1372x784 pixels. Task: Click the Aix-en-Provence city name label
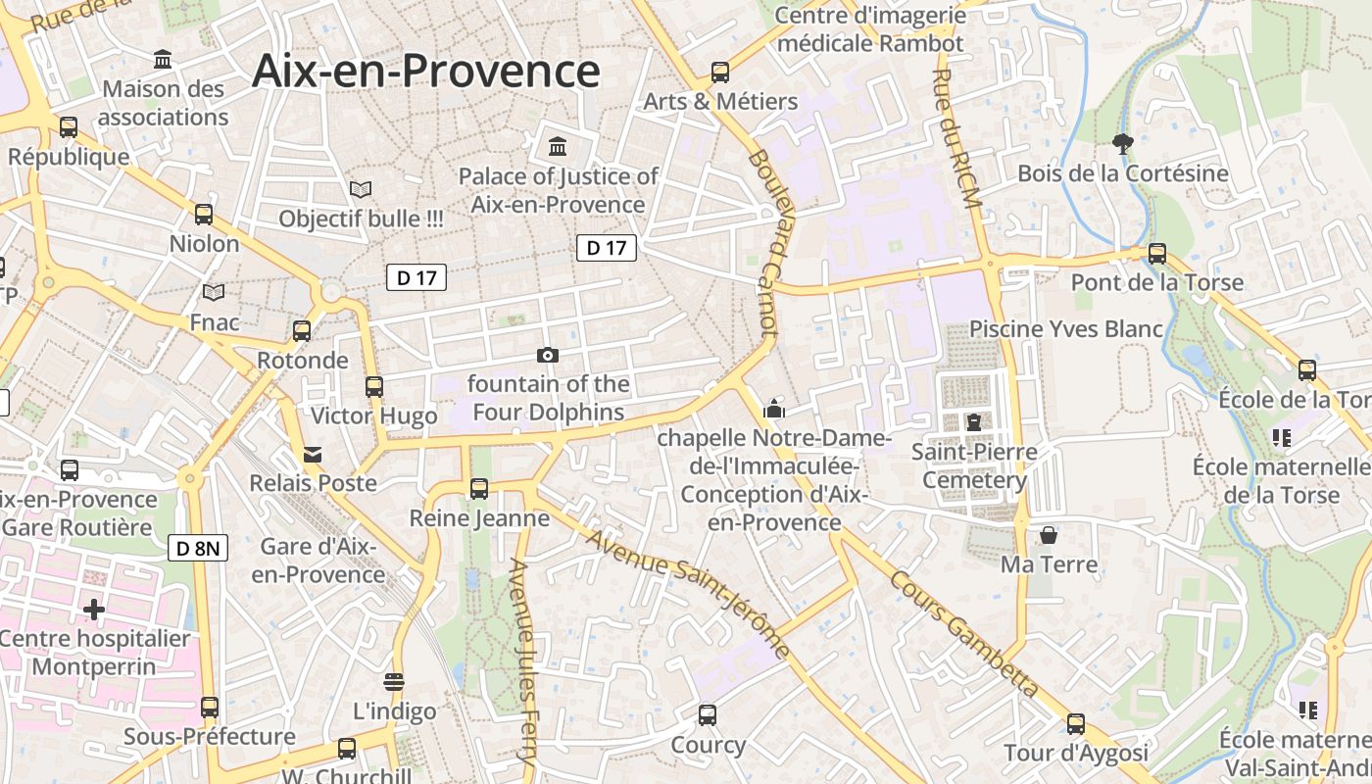click(x=425, y=72)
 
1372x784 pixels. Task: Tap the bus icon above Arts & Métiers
click(x=720, y=72)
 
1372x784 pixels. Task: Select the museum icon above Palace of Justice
click(x=558, y=147)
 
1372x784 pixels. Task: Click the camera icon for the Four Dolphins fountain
click(x=548, y=355)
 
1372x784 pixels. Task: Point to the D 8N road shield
click(x=199, y=548)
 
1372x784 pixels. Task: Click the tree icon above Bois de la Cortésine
click(x=1123, y=145)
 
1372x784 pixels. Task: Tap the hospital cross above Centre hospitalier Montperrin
click(x=94, y=610)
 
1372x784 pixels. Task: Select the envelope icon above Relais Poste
click(x=313, y=455)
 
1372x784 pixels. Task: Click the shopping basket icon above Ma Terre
click(x=1049, y=535)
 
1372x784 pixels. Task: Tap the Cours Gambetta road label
click(x=964, y=633)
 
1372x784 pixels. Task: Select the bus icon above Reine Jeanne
click(x=479, y=488)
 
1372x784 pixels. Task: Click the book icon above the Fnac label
click(x=214, y=292)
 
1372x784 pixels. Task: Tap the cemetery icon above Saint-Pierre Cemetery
click(x=973, y=422)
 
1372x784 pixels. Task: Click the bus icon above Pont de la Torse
click(x=1157, y=253)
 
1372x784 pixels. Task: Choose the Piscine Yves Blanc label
click(x=1066, y=328)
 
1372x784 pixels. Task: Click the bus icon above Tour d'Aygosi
click(x=1076, y=724)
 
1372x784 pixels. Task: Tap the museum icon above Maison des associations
click(x=164, y=60)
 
